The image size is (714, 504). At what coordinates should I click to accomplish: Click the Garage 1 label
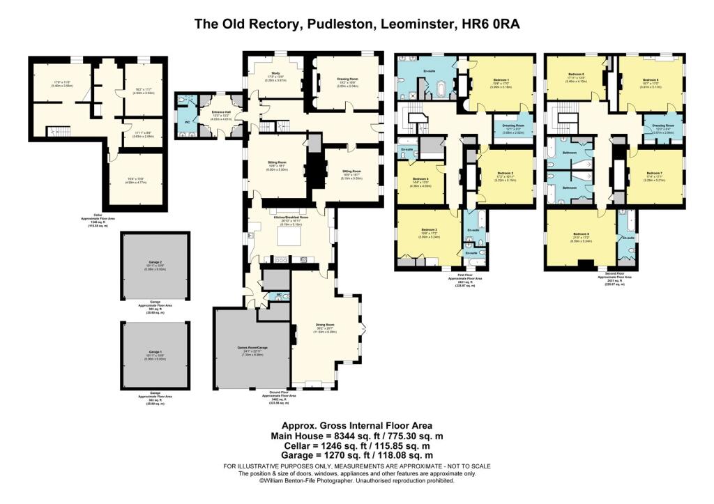155,351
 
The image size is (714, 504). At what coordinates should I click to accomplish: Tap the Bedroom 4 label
420,178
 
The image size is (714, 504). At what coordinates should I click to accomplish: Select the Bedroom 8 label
581,234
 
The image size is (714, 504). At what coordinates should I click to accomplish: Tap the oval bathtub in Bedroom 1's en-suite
440,89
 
